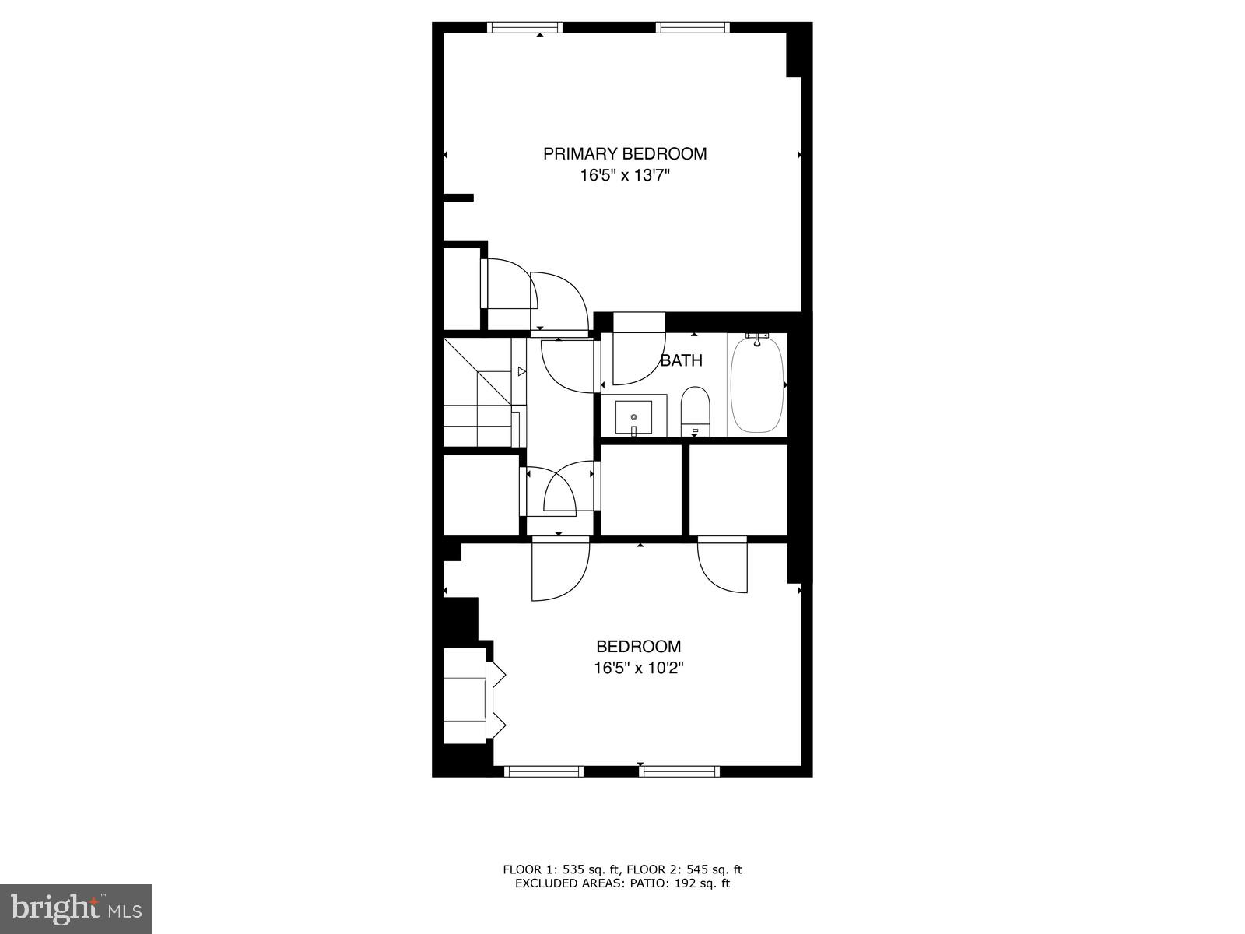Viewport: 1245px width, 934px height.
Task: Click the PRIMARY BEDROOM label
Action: click(x=625, y=153)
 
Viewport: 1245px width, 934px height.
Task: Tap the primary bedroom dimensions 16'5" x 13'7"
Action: click(x=625, y=176)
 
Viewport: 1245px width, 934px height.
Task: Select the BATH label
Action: click(x=682, y=360)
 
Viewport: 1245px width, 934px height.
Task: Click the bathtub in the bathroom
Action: click(x=756, y=384)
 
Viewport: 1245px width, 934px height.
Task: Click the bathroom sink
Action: click(x=633, y=416)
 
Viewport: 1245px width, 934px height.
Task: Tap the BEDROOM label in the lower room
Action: click(x=638, y=646)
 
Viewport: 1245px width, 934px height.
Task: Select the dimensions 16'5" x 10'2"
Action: click(x=638, y=668)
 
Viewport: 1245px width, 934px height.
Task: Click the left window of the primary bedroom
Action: click(x=524, y=27)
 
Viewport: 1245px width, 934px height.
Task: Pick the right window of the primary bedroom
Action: click(x=693, y=27)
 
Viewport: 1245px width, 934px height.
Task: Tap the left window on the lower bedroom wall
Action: click(x=544, y=771)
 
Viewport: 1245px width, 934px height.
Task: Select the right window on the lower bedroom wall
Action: click(x=679, y=771)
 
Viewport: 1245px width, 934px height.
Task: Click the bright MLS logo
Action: click(x=76, y=908)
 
